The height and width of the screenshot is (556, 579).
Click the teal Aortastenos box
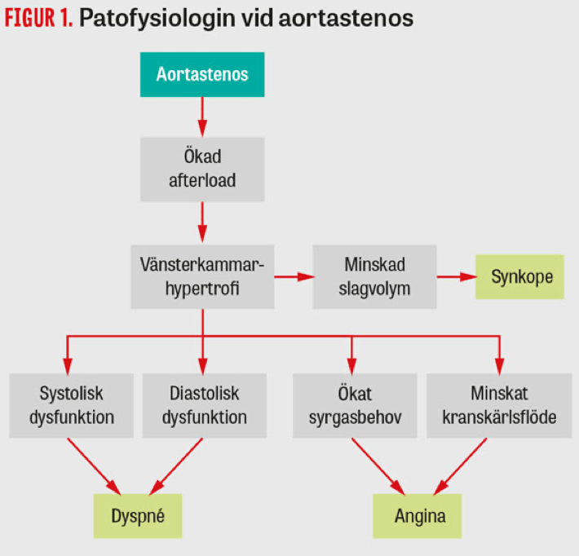pyautogui.click(x=201, y=75)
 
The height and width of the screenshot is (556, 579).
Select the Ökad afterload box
pyautogui.click(x=201, y=169)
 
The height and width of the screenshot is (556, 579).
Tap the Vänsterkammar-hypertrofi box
pyautogui.click(x=201, y=276)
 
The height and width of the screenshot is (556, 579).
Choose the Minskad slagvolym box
pyautogui.click(x=374, y=276)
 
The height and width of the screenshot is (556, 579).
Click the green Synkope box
pyautogui.click(x=522, y=276)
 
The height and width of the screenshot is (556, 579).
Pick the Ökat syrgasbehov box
pyautogui.click(x=352, y=406)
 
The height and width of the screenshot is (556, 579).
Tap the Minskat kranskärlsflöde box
pyautogui.click(x=498, y=406)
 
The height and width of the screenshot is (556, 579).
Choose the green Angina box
pyautogui.click(x=421, y=516)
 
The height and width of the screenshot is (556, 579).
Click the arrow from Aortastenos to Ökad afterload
pyautogui.click(x=201, y=117)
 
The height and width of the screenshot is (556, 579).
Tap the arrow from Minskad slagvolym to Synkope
pyautogui.click(x=457, y=277)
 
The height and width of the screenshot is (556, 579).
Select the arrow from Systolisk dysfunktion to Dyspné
pyautogui.click(x=95, y=463)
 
